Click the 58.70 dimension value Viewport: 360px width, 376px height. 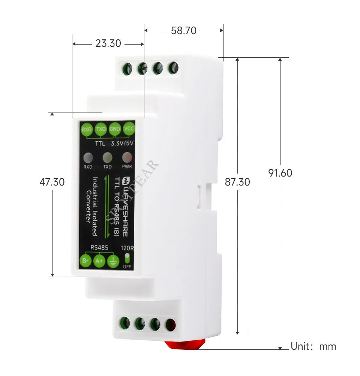pyautogui.click(x=183, y=31)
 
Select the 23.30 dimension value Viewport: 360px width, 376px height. pyautogui.click(x=108, y=43)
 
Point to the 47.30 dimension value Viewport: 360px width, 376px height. pyautogui.click(x=52, y=182)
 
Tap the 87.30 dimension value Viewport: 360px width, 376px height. pyautogui.click(x=237, y=182)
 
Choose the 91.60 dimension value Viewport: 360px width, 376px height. pyautogui.click(x=280, y=173)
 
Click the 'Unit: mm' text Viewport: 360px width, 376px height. pyautogui.click(x=313, y=346)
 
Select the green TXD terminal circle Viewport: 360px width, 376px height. pyautogui.click(x=100, y=129)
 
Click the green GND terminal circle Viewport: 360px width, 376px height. pyautogui.click(x=114, y=129)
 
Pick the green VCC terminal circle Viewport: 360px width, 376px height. pyautogui.click(x=128, y=129)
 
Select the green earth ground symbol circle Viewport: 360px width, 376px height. pyautogui.click(x=112, y=261)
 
